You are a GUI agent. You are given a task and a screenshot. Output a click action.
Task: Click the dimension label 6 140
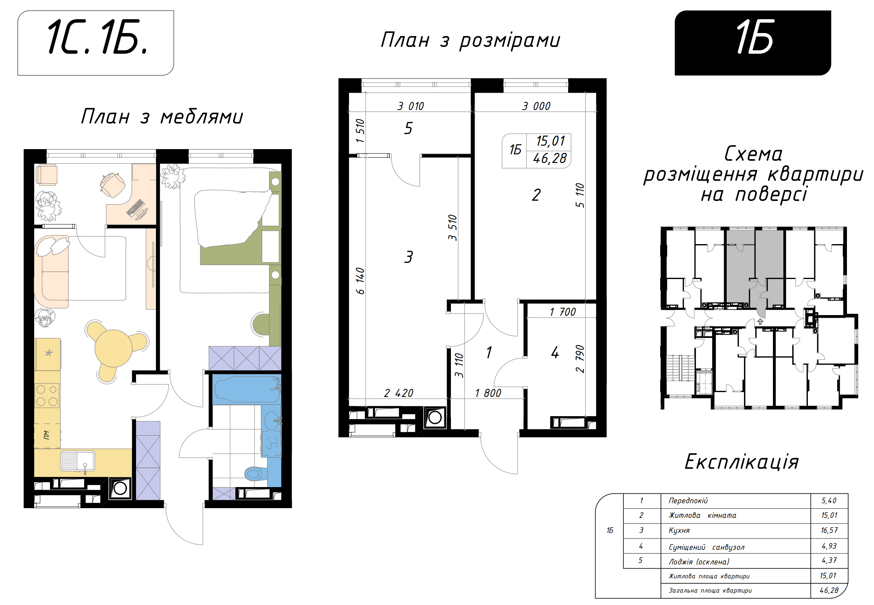pos(360,281)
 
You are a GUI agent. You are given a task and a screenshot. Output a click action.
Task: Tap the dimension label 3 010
pos(411,106)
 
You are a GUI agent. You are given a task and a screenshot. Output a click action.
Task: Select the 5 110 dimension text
pos(580,195)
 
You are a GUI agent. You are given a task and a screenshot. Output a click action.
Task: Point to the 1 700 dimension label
pos(563,312)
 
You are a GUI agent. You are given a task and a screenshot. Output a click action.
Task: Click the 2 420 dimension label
pos(399,393)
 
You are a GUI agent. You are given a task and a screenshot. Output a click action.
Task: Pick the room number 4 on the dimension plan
pos(555,353)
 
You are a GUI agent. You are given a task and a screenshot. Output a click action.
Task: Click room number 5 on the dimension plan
pos(408,128)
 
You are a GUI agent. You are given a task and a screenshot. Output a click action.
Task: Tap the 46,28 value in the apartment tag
pos(550,158)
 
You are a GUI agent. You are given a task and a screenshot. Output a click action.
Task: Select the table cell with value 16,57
pos(829,530)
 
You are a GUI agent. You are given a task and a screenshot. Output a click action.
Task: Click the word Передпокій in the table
pos(688,501)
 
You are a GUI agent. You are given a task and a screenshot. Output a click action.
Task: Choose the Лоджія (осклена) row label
pos(699,562)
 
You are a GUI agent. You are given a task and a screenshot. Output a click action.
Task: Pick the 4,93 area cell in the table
pos(829,546)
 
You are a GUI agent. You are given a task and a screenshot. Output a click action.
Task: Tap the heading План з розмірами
pos(470,41)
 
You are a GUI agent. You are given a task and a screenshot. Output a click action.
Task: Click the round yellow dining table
pos(113,348)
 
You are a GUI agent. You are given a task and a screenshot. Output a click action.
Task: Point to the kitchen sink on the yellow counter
pos(78,461)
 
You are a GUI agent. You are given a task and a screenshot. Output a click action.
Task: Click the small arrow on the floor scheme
pos(760,322)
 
